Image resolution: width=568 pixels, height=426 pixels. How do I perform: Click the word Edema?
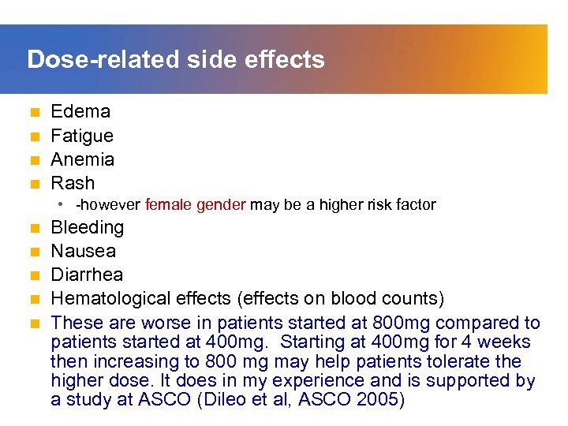pyautogui.click(x=80, y=111)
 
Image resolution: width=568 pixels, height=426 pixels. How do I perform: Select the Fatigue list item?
pyautogui.click(x=82, y=136)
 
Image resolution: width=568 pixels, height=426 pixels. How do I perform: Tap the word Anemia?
pyautogui.click(x=83, y=159)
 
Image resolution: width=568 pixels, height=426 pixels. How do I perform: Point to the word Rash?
pyautogui.click(x=73, y=183)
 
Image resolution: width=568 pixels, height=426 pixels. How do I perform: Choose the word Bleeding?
pyautogui.click(x=88, y=227)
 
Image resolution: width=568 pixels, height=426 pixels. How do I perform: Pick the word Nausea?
pyautogui.click(x=84, y=251)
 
